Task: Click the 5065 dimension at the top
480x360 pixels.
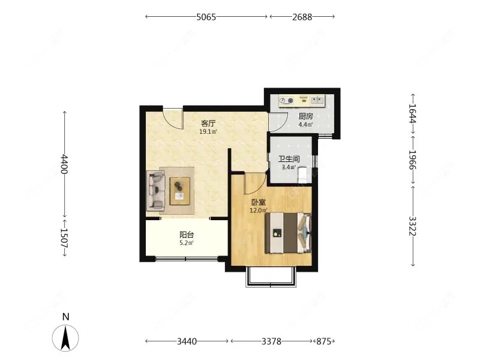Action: point(206,17)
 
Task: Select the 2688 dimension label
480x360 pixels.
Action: point(302,17)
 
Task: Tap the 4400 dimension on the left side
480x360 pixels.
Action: point(64,164)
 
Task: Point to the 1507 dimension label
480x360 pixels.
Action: point(64,238)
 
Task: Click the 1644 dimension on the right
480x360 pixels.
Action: point(413,113)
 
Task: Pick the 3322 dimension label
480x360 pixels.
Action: point(413,226)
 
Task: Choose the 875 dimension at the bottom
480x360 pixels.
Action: point(323,341)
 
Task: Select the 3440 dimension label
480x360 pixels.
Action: point(187,341)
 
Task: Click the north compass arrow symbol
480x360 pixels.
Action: point(65,338)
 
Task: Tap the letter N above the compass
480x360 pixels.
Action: point(65,317)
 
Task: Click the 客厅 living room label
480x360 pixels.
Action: point(208,124)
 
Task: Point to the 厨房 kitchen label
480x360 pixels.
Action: point(306,116)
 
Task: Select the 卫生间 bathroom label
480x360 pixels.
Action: point(289,159)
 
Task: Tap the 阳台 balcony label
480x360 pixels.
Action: point(187,235)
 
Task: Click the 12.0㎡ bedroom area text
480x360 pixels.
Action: point(259,211)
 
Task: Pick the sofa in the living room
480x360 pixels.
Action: point(156,190)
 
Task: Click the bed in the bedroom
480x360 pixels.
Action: point(289,233)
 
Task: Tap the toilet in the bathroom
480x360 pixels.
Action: point(302,175)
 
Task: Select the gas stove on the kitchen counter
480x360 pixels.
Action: point(286,100)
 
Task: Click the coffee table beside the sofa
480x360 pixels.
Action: point(180,191)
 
